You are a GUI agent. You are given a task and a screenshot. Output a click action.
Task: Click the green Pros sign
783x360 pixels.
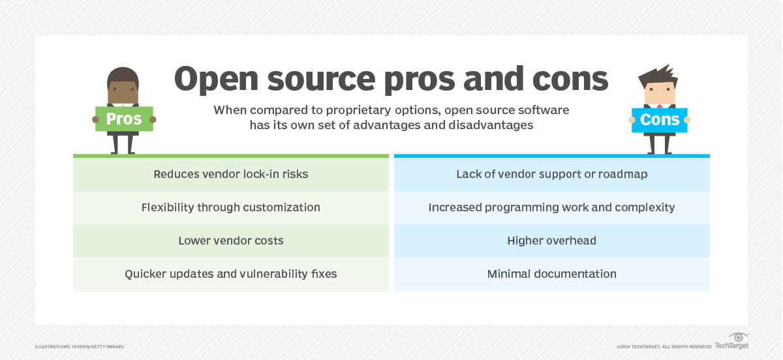[124, 120]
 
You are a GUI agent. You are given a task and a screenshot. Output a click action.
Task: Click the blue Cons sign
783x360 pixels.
[659, 120]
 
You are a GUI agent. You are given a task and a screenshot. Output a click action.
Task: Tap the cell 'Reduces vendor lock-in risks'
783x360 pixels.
[230, 174]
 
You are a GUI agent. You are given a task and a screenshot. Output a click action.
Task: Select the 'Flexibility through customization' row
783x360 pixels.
[230, 207]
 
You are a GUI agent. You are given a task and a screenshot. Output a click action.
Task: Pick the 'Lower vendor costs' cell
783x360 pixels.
[230, 241]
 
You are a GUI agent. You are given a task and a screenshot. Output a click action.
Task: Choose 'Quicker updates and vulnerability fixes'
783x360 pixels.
[230, 274]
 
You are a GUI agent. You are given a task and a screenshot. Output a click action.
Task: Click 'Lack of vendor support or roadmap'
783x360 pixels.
[551, 174]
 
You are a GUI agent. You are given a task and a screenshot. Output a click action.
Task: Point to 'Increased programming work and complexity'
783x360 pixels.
[551, 207]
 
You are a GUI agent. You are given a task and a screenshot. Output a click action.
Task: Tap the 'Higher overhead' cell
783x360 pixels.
[551, 241]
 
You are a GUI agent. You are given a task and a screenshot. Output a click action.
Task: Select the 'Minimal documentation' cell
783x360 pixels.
[551, 274]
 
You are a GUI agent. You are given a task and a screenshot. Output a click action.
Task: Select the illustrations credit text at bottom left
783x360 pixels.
[79, 346]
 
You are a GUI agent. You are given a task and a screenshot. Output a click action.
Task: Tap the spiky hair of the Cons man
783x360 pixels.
[659, 72]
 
